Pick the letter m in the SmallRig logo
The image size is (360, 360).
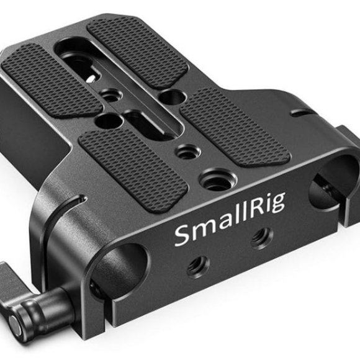point(200,235)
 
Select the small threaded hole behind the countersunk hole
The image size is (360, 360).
point(184,150)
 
